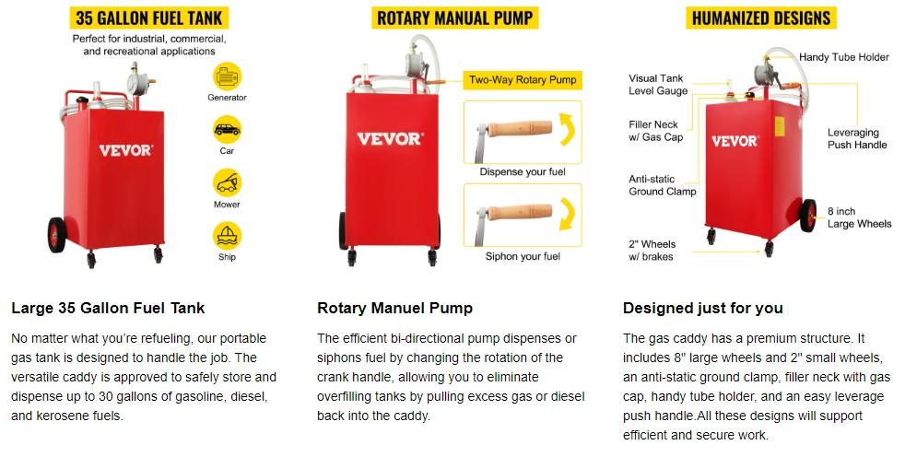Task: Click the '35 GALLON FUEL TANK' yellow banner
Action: point(148,18)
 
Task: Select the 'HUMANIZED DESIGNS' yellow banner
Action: point(760,18)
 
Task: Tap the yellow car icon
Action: point(227,128)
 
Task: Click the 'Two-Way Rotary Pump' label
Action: point(523,80)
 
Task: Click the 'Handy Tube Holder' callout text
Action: point(843,57)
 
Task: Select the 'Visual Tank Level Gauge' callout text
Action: point(658,85)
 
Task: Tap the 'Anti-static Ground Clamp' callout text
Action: point(662,185)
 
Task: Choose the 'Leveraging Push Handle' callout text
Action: point(857,138)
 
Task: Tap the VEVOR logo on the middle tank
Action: point(390,138)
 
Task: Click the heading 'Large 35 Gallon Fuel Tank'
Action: point(108,308)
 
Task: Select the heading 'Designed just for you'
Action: point(702,308)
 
